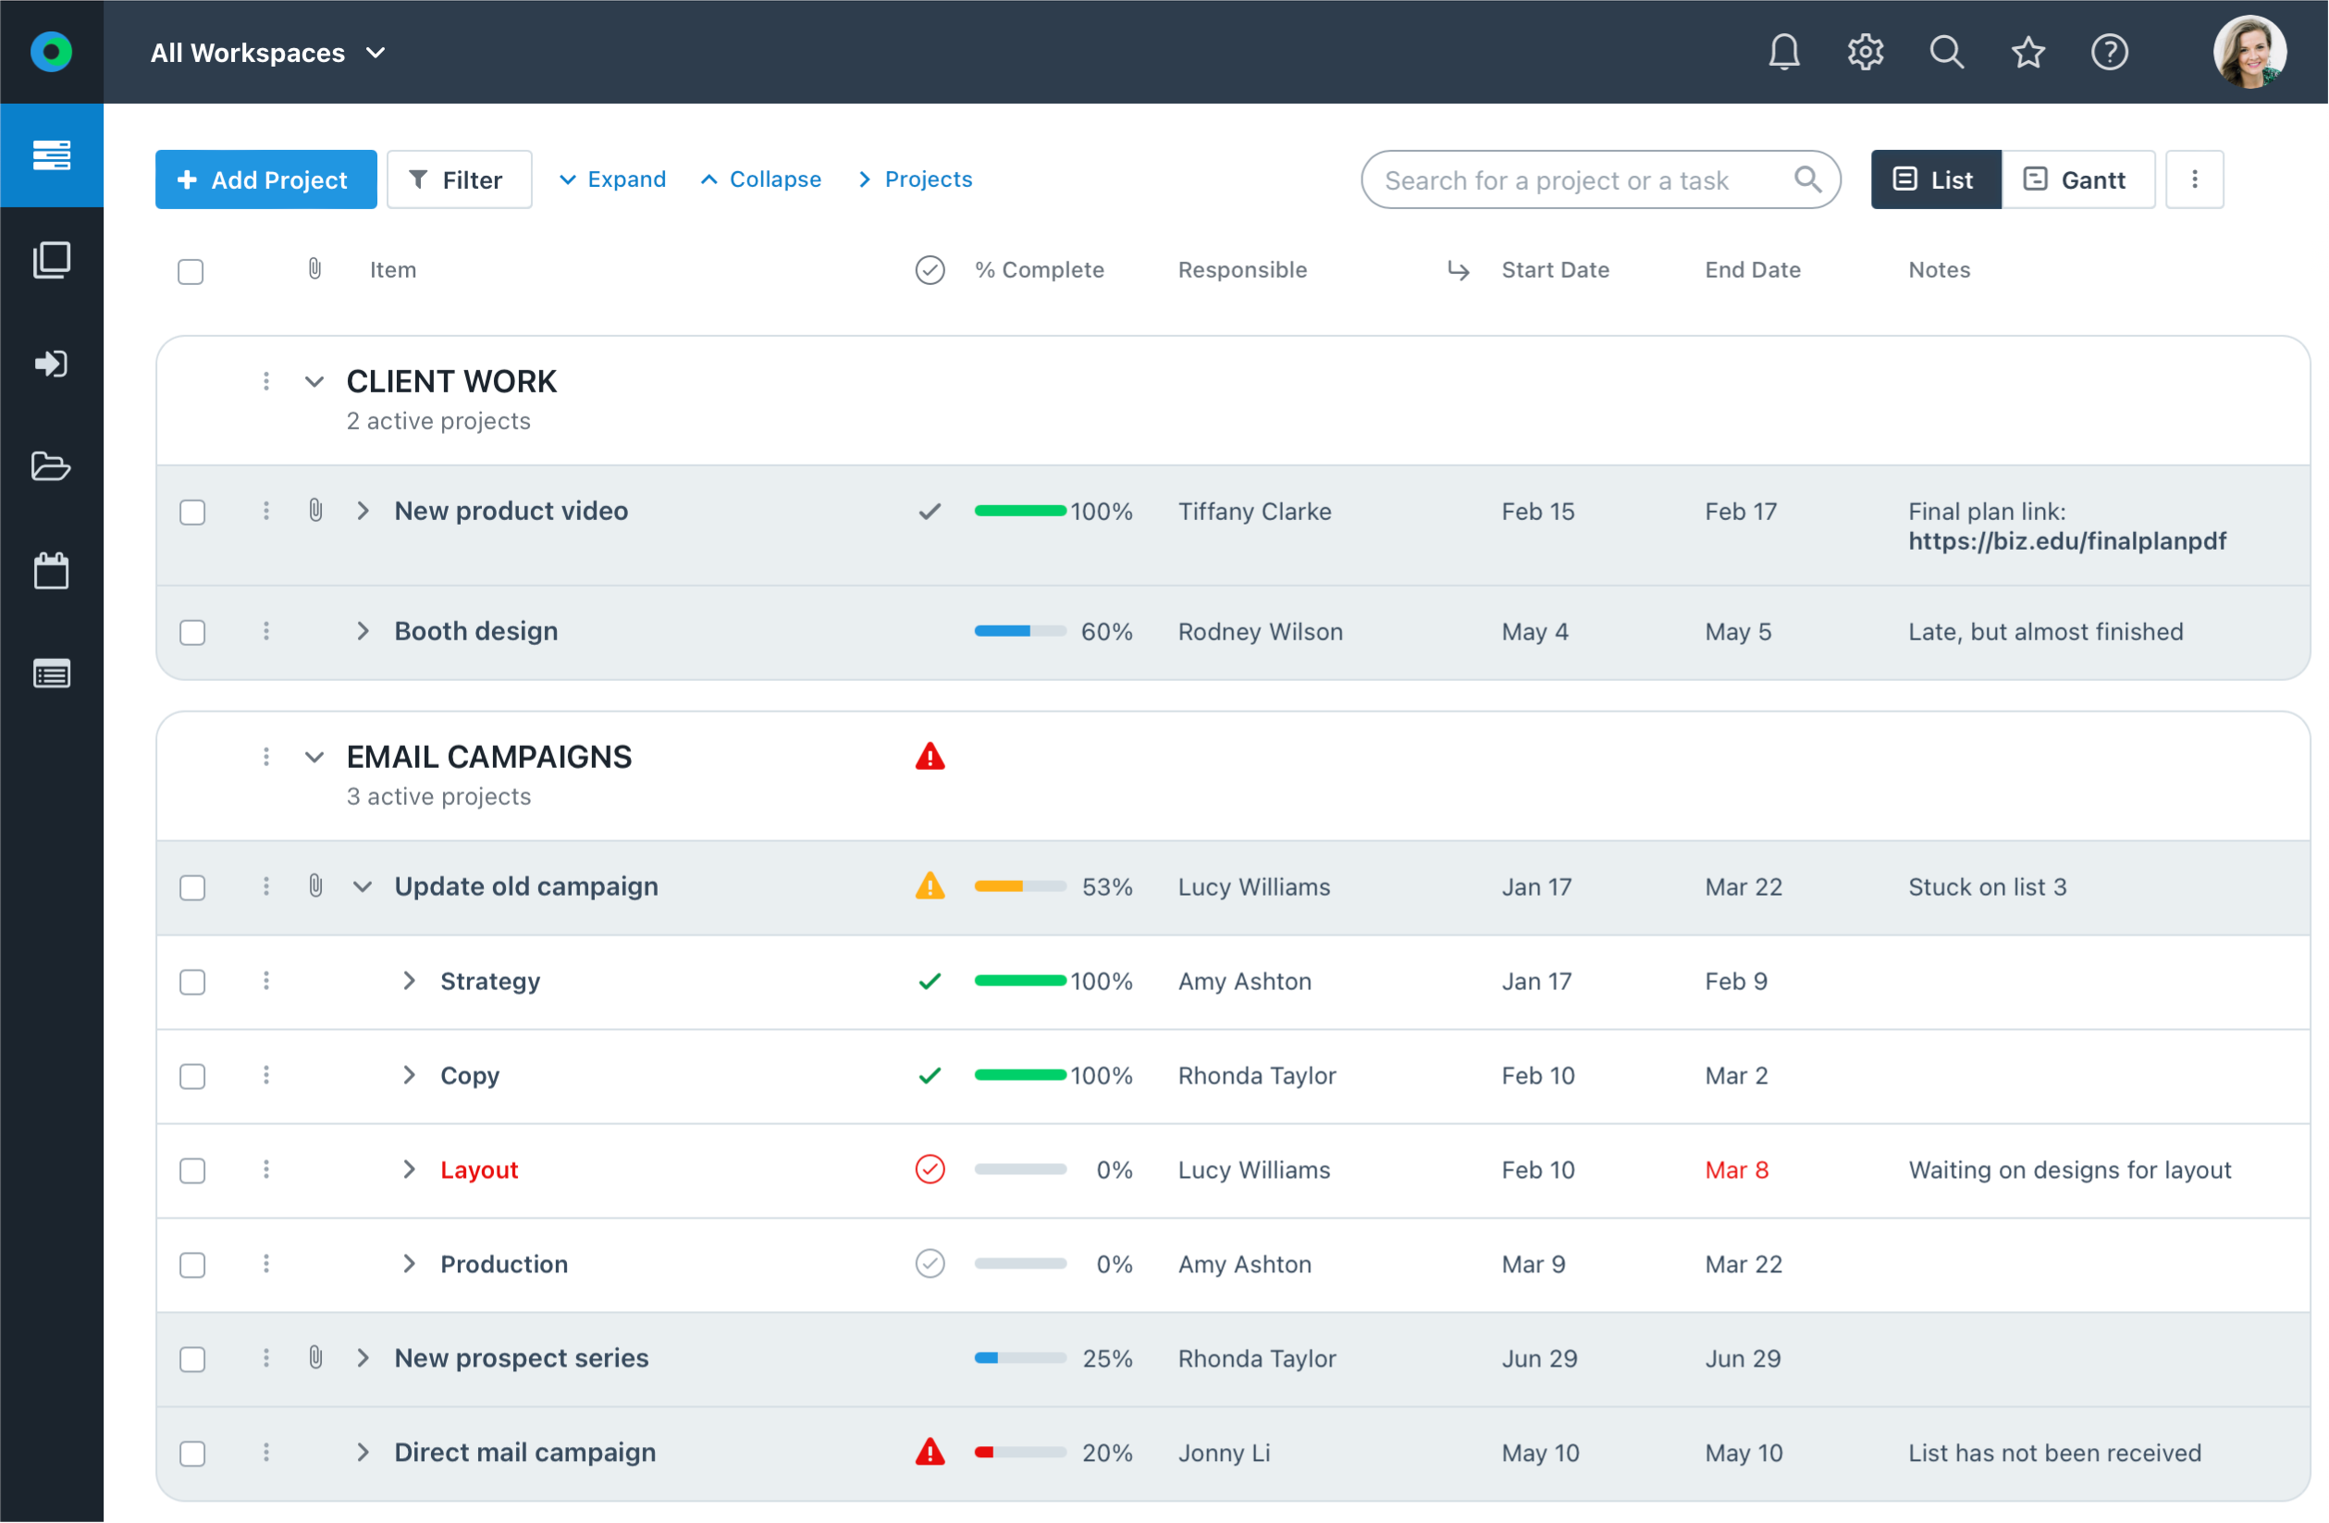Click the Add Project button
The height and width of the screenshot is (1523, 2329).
265,180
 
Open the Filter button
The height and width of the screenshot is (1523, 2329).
458,180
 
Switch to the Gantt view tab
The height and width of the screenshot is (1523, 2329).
2076,180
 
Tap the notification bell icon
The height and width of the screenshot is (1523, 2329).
1784,52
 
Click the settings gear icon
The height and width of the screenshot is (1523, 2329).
1866,52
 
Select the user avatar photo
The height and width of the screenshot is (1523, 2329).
2249,52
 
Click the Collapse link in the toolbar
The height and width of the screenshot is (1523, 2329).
761,180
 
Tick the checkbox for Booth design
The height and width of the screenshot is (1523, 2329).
192,632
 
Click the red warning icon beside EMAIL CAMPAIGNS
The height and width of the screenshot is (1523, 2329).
930,757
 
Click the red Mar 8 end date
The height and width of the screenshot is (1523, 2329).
1736,1170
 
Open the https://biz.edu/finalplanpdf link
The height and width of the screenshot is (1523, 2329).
2066,541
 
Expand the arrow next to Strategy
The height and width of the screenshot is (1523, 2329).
409,981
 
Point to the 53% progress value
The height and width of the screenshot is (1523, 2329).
1107,886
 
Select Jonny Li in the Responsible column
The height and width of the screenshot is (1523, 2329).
1223,1454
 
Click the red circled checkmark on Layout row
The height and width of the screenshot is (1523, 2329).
930,1170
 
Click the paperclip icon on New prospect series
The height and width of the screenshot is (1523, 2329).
315,1357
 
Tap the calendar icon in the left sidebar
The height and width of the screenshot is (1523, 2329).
51,571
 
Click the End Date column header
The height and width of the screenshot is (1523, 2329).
1752,270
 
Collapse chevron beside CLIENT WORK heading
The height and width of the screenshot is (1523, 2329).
314,382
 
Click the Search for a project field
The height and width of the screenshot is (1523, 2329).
1575,180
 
